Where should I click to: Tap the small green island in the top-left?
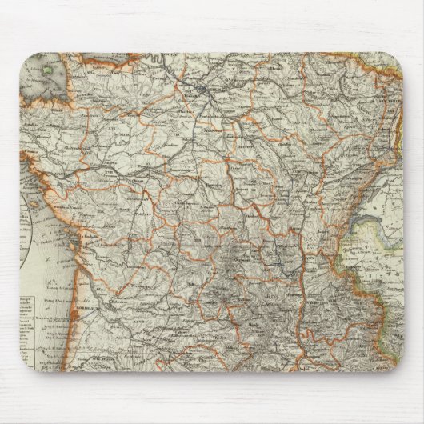point(49,73)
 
